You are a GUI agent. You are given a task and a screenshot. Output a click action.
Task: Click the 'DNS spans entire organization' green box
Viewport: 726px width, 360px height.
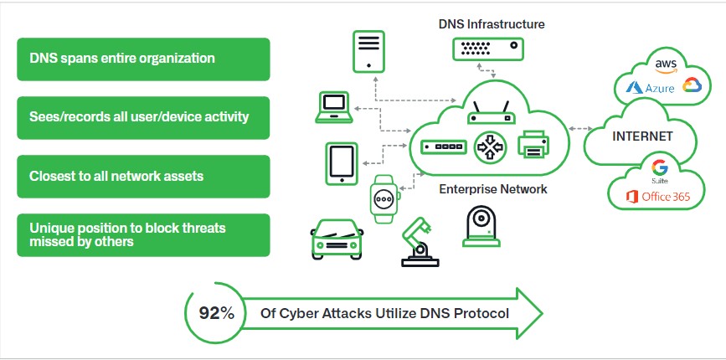(x=143, y=59)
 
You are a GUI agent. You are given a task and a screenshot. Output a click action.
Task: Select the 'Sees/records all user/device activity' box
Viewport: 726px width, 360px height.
(x=143, y=117)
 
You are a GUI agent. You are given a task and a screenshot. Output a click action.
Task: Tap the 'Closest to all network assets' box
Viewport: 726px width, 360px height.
(x=143, y=177)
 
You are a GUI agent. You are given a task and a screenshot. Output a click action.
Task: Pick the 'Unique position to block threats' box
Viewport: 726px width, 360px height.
(x=143, y=234)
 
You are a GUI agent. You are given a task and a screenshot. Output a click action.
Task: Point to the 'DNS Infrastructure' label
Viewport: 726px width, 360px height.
(x=492, y=24)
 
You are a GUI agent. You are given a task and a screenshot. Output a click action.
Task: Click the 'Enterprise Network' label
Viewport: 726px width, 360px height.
(x=493, y=189)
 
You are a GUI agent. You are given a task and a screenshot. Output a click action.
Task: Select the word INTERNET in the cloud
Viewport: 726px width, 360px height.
(x=643, y=136)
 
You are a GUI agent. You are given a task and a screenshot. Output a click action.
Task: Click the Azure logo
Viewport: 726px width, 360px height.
(x=647, y=86)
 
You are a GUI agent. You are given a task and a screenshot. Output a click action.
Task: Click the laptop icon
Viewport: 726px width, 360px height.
(x=334, y=108)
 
